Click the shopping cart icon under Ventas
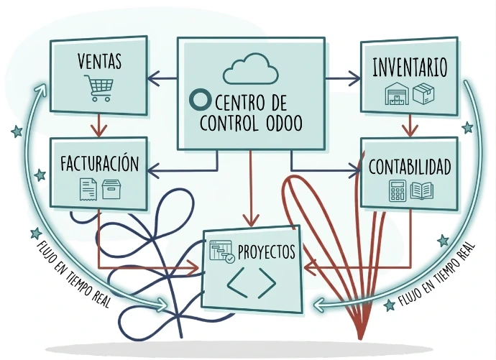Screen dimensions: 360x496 pyautogui.click(x=98, y=87)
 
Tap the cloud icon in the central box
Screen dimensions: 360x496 pyautogui.click(x=250, y=68)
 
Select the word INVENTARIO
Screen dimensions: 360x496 pyautogui.click(x=410, y=68)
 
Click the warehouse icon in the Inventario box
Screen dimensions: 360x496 pyautogui.click(x=396, y=95)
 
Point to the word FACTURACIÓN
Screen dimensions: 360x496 pyautogui.click(x=99, y=163)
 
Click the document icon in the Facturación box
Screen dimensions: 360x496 pyautogui.click(x=88, y=189)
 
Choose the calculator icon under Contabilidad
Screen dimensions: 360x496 pyautogui.click(x=396, y=190)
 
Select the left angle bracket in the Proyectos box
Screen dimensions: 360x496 pyautogui.click(x=235, y=285)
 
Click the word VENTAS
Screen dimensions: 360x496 pyautogui.click(x=99, y=62)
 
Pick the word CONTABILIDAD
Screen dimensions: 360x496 pyautogui.click(x=410, y=167)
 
